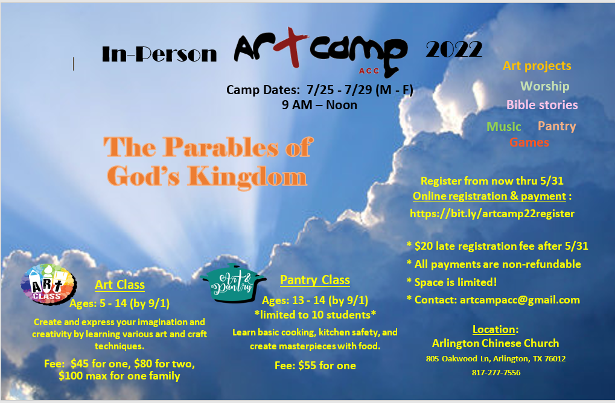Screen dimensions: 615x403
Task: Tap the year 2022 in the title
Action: tap(454, 50)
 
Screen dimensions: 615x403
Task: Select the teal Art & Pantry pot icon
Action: tap(234, 284)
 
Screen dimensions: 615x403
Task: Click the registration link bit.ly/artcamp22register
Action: tap(492, 213)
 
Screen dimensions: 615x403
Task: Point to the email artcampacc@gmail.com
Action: tap(520, 300)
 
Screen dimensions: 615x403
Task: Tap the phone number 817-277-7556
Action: tap(496, 372)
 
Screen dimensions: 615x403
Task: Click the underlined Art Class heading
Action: tap(119, 285)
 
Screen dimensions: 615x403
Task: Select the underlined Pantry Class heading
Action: tap(315, 280)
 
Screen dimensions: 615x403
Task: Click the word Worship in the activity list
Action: tap(544, 86)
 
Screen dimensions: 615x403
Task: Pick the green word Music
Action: tap(503, 126)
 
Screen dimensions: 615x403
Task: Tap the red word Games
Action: tap(529, 142)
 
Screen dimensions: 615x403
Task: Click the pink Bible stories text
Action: tap(542, 104)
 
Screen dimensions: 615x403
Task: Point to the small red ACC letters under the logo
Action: tap(369, 71)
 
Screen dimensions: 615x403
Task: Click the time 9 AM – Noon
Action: tap(319, 105)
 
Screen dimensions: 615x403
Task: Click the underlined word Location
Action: tap(494, 329)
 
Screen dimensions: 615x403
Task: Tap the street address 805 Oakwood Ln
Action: tap(457, 359)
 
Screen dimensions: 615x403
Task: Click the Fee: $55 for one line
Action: tap(315, 366)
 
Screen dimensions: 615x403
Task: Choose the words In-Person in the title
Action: tap(159, 54)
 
